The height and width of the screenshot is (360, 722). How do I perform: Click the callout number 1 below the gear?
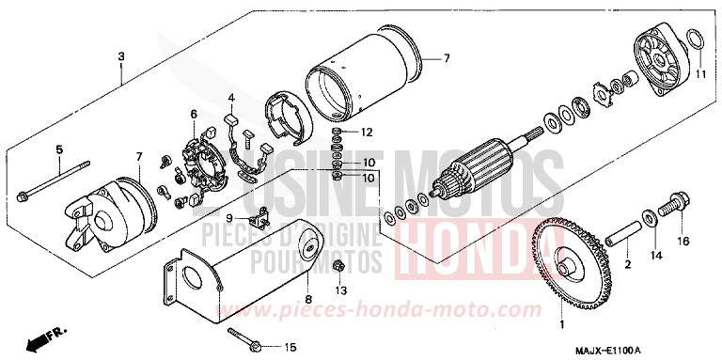pyautogui.click(x=562, y=325)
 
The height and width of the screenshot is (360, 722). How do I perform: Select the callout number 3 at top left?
pyautogui.click(x=121, y=56)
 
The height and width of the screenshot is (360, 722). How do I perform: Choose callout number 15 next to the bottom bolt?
pyautogui.click(x=290, y=346)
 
